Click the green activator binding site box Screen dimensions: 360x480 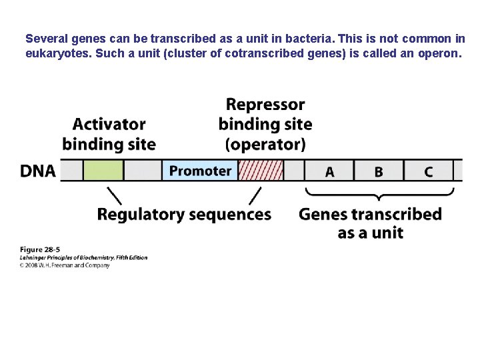pos(103,171)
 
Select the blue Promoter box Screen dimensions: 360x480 pos(200,171)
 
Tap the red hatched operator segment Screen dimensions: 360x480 pos(261,171)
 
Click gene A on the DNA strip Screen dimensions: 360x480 pos(329,171)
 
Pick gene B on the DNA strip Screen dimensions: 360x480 pos(379,171)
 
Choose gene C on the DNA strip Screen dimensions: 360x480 pos(428,171)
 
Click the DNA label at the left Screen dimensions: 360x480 pos(38,171)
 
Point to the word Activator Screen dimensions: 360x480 pos(109,125)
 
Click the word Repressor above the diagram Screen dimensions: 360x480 pos(265,105)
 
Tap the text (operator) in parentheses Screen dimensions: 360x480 pos(265,144)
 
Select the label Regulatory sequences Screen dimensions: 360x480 pos(184,215)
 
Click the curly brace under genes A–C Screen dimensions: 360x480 pos(379,195)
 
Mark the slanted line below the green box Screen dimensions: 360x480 pos(114,195)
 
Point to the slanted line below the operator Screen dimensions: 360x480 pos(255,195)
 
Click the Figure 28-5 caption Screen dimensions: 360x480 pos(39,249)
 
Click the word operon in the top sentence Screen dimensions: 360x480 pos(439,53)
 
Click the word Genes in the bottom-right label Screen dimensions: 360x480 pos(323,215)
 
